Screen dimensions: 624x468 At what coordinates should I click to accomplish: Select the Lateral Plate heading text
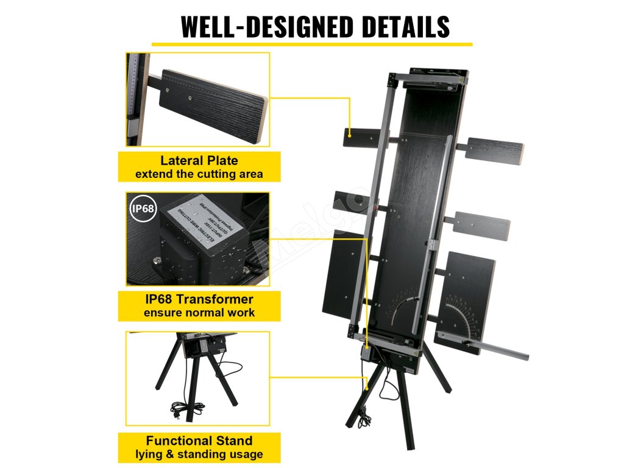pos(199,161)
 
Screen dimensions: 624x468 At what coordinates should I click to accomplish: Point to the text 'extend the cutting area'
pos(199,174)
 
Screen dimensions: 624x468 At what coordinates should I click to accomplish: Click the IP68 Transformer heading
pos(199,299)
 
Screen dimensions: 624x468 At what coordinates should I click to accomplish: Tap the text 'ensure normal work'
pos(199,313)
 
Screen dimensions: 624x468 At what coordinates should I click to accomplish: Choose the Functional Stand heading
pos(199,441)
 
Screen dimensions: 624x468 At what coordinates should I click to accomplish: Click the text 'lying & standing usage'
pos(199,455)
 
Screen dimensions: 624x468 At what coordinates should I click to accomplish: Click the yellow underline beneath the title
pos(311,44)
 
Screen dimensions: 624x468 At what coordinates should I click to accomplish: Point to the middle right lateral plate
pos(483,226)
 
